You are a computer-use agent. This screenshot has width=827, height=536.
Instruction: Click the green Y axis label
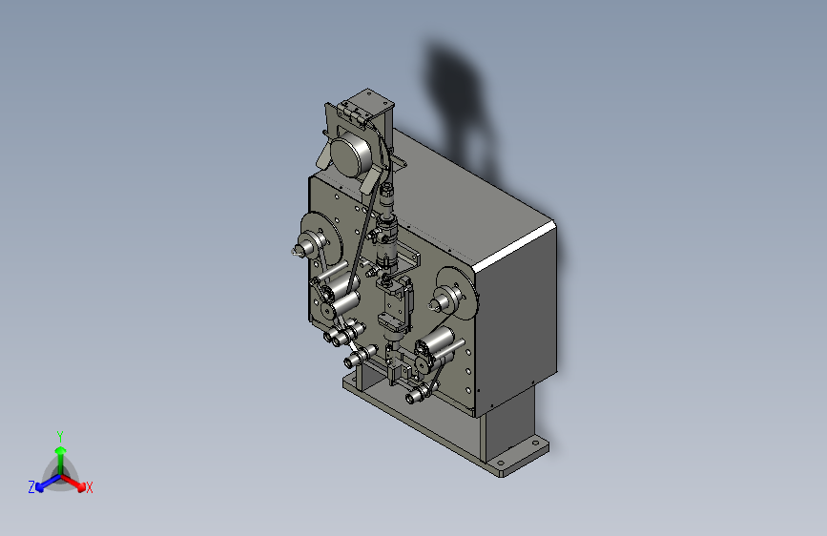click(60, 436)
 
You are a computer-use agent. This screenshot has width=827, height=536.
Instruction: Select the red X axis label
click(89, 488)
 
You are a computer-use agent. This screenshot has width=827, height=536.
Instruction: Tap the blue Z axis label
click(31, 487)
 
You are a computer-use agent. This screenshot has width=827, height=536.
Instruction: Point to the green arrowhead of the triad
click(61, 450)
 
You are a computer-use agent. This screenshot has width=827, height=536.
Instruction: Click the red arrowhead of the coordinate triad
click(80, 485)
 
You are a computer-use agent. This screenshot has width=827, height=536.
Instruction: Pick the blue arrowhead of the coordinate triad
click(40, 486)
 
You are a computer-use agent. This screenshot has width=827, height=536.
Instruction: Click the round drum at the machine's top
click(352, 153)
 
